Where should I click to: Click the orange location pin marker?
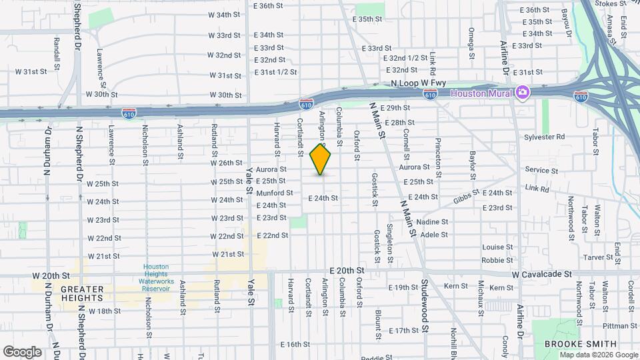click(321, 159)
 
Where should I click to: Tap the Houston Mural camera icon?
click(523, 92)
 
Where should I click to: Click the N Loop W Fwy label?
click(418, 83)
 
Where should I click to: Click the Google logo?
click(22, 351)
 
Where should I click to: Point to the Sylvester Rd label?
click(544, 137)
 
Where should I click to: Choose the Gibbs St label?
click(467, 197)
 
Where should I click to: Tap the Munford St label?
click(275, 193)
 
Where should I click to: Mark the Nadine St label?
click(433, 221)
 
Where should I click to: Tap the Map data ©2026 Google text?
click(597, 355)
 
